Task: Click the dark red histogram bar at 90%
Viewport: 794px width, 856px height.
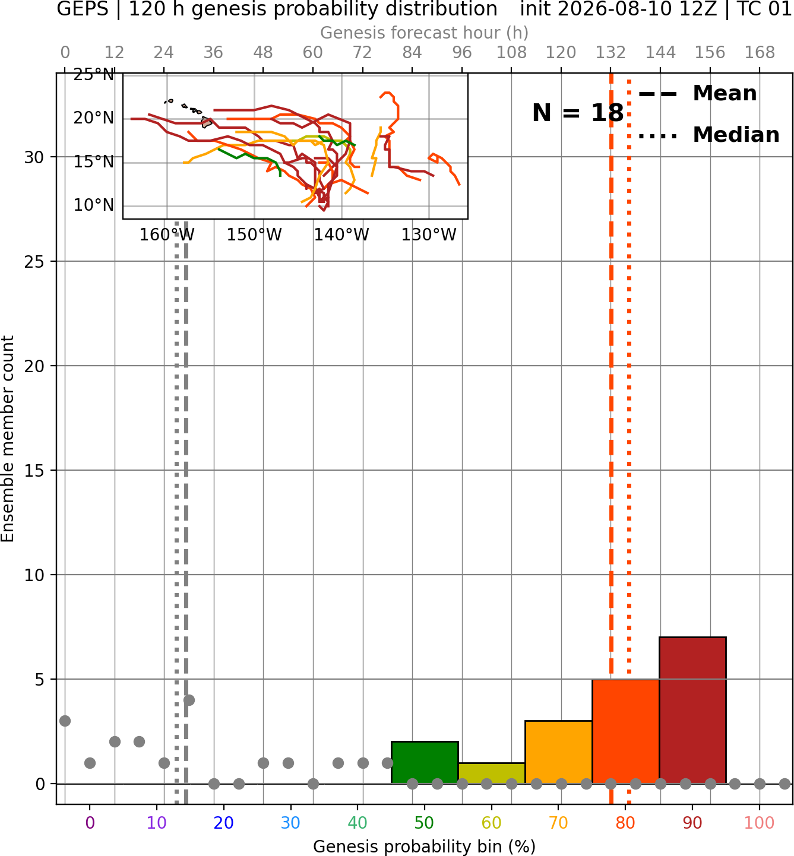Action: click(x=692, y=709)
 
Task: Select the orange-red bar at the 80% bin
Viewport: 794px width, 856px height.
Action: click(x=626, y=731)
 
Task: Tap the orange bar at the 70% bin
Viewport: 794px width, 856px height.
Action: click(x=558, y=752)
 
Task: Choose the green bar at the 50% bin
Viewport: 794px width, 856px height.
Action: click(x=425, y=762)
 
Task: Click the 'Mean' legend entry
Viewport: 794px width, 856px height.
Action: click(x=697, y=94)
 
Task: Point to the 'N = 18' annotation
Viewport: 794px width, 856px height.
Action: click(x=578, y=113)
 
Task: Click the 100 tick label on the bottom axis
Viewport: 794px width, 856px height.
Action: click(x=760, y=823)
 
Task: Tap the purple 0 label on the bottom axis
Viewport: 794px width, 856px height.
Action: click(x=90, y=823)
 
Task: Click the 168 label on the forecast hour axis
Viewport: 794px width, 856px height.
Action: click(x=760, y=53)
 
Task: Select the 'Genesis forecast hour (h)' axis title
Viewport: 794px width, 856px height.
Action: click(x=425, y=33)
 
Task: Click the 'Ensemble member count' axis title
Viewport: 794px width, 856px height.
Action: click(x=7, y=439)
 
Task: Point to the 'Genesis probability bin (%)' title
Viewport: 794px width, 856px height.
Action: click(x=425, y=847)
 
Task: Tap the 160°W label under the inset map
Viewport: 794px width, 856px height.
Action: click(x=167, y=235)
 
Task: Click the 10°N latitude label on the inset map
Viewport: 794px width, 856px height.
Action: click(x=94, y=205)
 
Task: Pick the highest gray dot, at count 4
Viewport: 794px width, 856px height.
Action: click(x=189, y=700)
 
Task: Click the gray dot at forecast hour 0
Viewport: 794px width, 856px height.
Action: click(x=65, y=721)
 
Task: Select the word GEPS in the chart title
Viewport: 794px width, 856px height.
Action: click(x=83, y=9)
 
